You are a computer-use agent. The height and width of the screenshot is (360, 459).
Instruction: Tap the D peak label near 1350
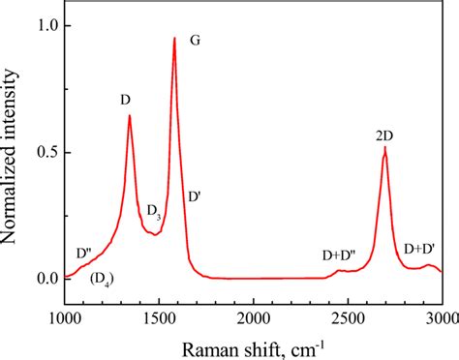(126, 99)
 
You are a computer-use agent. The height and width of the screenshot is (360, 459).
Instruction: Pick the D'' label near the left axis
(84, 254)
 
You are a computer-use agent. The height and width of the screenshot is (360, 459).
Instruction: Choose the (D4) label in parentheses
(101, 281)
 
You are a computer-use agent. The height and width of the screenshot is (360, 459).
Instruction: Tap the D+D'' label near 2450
(339, 255)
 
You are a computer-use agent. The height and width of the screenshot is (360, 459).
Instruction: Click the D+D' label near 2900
(419, 250)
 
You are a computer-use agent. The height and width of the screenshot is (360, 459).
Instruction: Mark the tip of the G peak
(174, 39)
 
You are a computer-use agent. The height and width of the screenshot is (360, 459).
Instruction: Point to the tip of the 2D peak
(385, 148)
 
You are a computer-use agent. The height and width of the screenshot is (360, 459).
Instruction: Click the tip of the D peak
(130, 116)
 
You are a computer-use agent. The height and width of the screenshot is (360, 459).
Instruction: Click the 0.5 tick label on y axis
(45, 153)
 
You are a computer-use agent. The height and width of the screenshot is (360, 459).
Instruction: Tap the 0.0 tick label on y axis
(45, 280)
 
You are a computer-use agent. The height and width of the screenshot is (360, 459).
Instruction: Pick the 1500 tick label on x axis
(158, 318)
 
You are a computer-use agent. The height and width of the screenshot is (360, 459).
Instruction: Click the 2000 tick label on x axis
(253, 318)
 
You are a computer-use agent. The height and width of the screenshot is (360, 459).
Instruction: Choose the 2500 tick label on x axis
(348, 318)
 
